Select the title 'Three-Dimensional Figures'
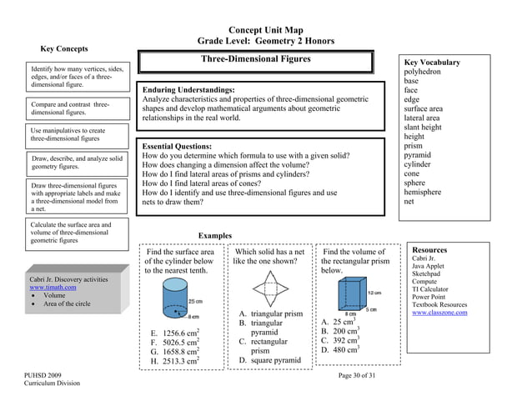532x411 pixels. (x=256, y=60)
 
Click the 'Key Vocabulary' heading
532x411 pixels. (x=431, y=63)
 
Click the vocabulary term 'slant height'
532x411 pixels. (x=423, y=127)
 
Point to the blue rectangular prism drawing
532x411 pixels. (x=351, y=294)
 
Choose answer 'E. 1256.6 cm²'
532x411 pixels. (x=174, y=333)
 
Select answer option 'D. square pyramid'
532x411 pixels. (x=269, y=360)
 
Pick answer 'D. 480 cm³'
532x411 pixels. (x=339, y=349)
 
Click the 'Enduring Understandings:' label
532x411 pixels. (x=188, y=89)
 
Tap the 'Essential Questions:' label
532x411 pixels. (x=177, y=146)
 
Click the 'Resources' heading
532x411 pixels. (x=429, y=249)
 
